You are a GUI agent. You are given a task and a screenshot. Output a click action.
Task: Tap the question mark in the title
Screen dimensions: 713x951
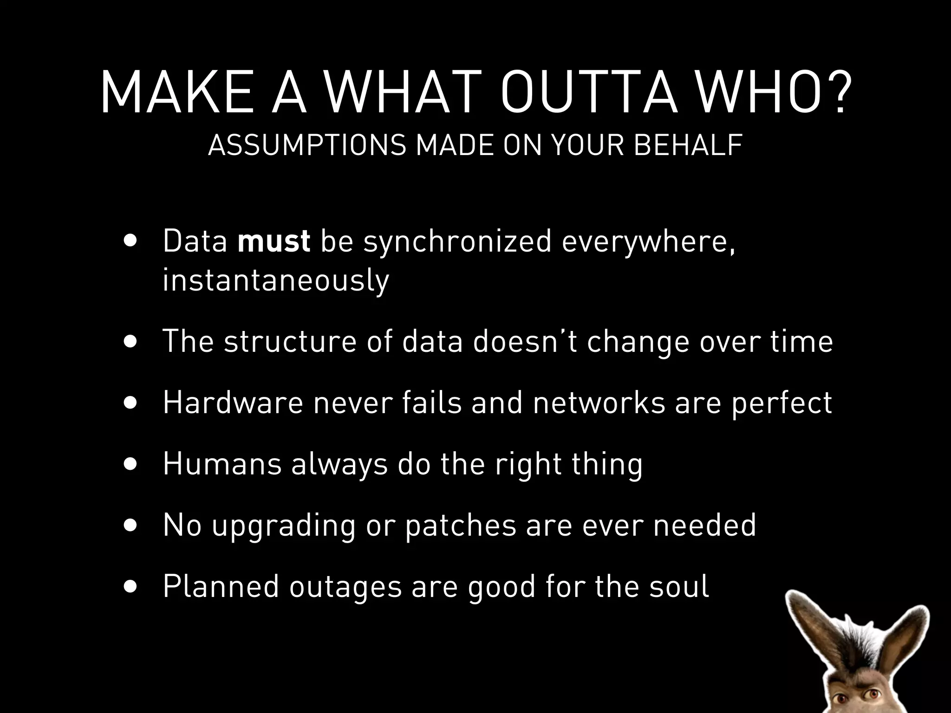pos(836,92)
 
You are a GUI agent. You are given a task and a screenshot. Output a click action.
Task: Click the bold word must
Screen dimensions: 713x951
pos(274,241)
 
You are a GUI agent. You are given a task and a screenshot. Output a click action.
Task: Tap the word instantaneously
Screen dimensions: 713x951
pos(276,280)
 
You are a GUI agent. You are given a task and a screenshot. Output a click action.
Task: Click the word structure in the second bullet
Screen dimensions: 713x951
pos(290,341)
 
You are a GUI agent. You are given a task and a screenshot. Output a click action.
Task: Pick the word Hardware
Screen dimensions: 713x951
pos(233,402)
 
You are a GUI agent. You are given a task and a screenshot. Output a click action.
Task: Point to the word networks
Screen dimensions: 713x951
pos(599,402)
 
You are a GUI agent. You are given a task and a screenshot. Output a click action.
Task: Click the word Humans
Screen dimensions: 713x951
pos(222,464)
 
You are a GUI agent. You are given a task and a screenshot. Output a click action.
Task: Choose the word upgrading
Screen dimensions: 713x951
pos(283,526)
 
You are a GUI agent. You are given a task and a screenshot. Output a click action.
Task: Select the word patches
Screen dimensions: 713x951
pos(460,526)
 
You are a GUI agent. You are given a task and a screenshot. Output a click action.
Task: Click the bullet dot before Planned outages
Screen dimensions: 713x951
pos(131,587)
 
